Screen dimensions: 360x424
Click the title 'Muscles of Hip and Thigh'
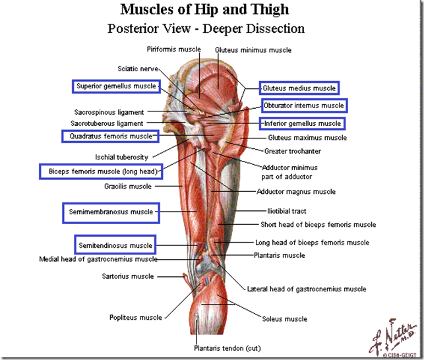tap(205, 11)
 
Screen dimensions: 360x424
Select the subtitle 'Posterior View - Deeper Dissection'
tap(205, 28)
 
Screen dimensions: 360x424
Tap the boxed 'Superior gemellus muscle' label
tap(115, 86)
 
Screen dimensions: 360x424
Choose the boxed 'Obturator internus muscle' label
tap(303, 105)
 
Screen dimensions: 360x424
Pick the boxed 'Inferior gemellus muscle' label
tap(301, 123)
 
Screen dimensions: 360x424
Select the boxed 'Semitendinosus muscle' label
tap(115, 245)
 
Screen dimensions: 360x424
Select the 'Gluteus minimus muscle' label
tap(253, 50)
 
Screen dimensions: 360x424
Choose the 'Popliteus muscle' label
tap(135, 318)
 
